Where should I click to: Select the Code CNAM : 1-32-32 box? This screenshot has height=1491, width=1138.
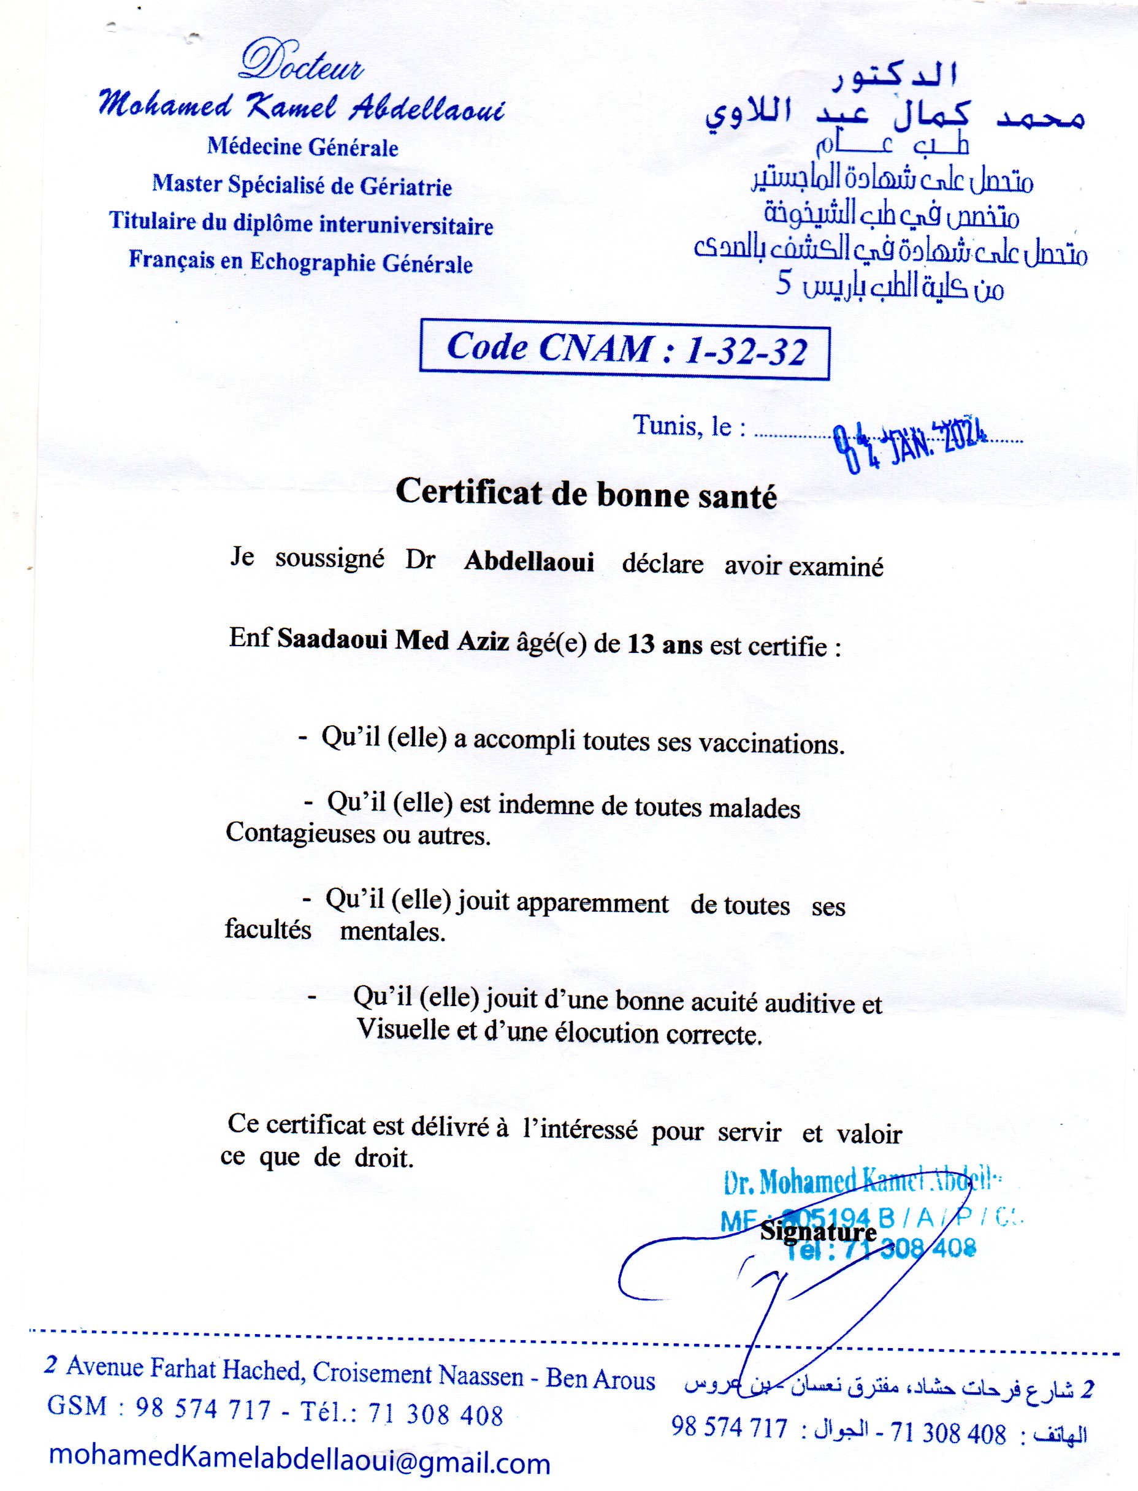click(x=625, y=349)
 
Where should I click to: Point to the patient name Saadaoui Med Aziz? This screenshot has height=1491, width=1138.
click(x=393, y=641)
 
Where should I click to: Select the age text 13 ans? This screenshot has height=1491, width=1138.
click(x=665, y=644)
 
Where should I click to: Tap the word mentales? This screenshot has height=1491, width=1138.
click(x=392, y=932)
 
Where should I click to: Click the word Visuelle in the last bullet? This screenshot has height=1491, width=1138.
click(x=402, y=1030)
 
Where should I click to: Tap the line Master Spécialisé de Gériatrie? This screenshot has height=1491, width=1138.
click(x=302, y=185)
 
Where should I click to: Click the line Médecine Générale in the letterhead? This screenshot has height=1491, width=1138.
click(x=303, y=147)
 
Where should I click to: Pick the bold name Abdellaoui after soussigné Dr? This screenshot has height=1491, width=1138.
click(x=529, y=562)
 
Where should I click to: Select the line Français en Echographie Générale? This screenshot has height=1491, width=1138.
click(x=301, y=261)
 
